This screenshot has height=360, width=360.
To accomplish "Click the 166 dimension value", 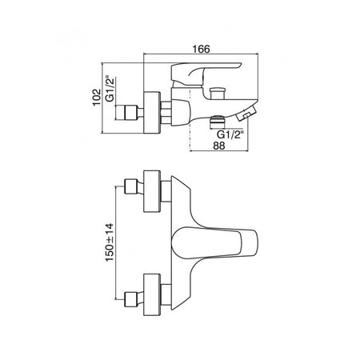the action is [202, 49].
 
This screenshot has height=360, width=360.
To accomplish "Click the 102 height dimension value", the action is [97, 98].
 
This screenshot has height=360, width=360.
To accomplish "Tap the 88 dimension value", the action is [219, 146].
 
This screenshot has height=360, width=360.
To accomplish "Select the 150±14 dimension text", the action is [110, 242].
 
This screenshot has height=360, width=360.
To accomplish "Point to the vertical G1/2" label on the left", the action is [110, 90].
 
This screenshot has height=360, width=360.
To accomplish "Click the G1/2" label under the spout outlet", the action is [230, 134].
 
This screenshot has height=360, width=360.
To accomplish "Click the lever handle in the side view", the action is [202, 74].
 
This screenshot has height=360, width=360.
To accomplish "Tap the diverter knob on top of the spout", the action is [217, 94].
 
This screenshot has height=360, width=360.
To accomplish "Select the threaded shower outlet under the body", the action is [218, 122].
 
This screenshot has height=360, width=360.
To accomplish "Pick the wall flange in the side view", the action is [152, 112].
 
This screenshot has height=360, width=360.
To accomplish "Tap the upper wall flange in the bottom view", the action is [152, 191].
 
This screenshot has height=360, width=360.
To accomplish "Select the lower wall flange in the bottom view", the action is [152, 294].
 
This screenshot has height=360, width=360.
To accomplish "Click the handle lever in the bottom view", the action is [214, 242].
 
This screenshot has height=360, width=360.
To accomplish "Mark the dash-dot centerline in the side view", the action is [190, 121].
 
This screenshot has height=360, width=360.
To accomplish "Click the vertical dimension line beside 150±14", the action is [116, 243].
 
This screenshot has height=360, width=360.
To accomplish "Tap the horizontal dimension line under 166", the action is [201, 54].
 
